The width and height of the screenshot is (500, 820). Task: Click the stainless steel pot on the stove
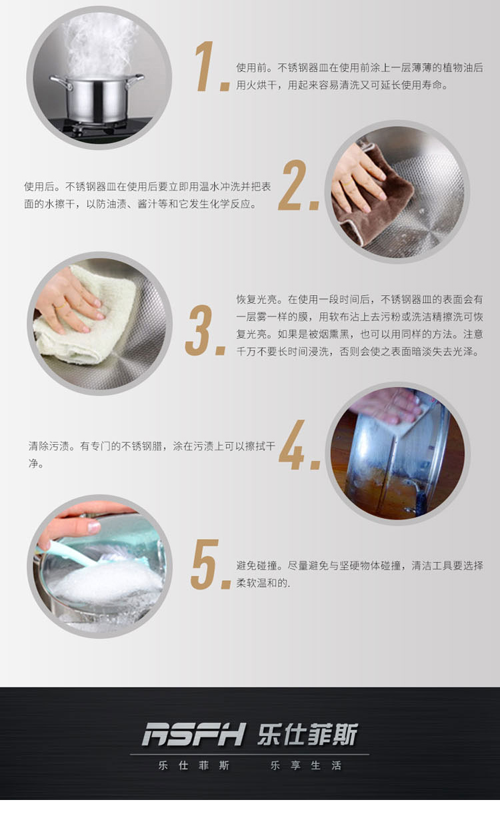pyautogui.click(x=97, y=98)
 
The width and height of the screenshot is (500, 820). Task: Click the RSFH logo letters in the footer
pyautogui.click(x=193, y=733)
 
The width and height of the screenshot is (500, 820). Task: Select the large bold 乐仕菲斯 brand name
pyautogui.click(x=307, y=733)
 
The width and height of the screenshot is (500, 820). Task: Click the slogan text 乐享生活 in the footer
pyautogui.click(x=306, y=765)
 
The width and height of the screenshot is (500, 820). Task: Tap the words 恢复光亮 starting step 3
pyautogui.click(x=257, y=300)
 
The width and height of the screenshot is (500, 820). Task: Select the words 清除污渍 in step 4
pyautogui.click(x=49, y=446)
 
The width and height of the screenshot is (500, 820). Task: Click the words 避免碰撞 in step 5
pyautogui.click(x=257, y=566)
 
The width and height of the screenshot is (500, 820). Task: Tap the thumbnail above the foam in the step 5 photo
pyautogui.click(x=94, y=527)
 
